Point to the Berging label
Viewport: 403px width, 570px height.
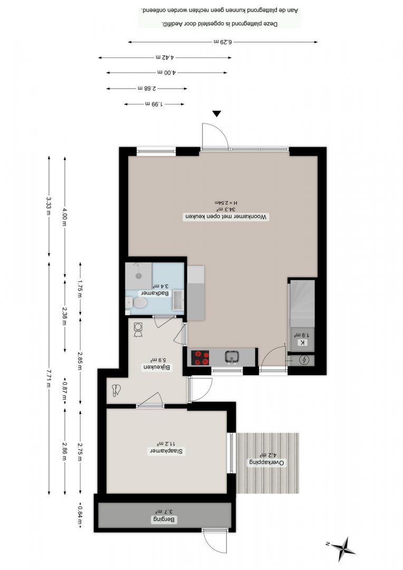pyautogui.click(x=164, y=519)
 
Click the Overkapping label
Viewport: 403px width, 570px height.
pyautogui.click(x=267, y=463)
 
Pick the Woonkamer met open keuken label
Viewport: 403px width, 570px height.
pyautogui.click(x=226, y=217)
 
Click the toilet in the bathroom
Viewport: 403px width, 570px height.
pyautogui.click(x=137, y=302)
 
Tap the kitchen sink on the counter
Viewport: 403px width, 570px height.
pyautogui.click(x=232, y=357)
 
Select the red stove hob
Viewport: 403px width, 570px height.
pyautogui.click(x=200, y=357)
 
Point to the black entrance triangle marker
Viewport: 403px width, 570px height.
pyautogui.click(x=217, y=114)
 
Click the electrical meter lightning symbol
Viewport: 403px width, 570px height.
pyautogui.click(x=303, y=360)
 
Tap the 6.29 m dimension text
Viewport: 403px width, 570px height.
pyautogui.click(x=223, y=42)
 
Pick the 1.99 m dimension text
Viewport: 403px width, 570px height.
pyautogui.click(x=154, y=104)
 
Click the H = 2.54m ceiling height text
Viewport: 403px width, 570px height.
pyautogui.click(x=226, y=203)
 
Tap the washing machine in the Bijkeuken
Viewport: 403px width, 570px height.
pyautogui.click(x=138, y=329)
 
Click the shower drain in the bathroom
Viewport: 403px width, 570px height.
pyautogui.click(x=138, y=275)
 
